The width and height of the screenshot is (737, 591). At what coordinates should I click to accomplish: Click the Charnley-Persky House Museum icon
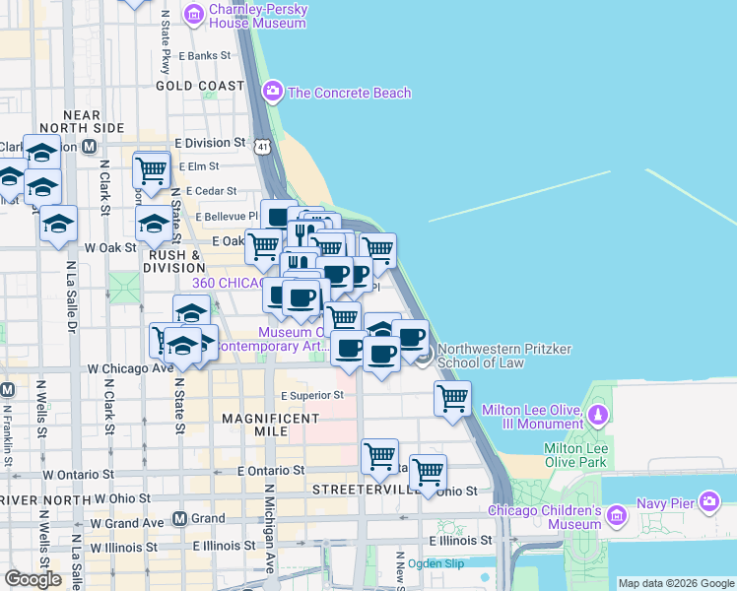pyautogui.click(x=194, y=14)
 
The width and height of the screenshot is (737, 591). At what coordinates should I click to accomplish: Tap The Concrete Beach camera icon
pyautogui.click(x=273, y=93)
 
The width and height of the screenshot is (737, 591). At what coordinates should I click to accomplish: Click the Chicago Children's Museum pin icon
pyautogui.click(x=616, y=515)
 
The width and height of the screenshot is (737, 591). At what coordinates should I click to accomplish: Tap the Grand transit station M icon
pyautogui.click(x=179, y=518)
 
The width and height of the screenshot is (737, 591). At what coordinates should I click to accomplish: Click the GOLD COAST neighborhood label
pyautogui.click(x=199, y=86)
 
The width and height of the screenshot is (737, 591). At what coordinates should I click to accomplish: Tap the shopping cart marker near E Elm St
pyautogui.click(x=151, y=170)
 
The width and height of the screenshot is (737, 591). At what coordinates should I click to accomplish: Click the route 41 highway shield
pyautogui.click(x=261, y=146)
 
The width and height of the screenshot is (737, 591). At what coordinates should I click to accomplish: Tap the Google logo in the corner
pyautogui.click(x=33, y=579)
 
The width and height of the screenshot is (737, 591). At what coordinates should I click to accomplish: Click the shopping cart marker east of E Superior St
pyautogui.click(x=452, y=399)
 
